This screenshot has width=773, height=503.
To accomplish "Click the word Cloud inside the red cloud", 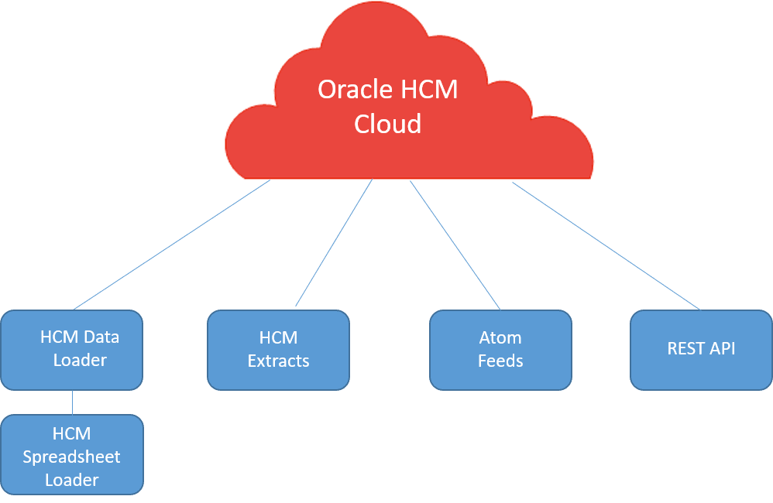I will [387, 124].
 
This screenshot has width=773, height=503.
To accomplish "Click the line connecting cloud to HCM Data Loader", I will [170, 245].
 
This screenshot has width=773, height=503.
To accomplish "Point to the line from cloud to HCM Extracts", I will [333, 244].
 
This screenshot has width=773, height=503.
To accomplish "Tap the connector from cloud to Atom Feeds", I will [455, 245].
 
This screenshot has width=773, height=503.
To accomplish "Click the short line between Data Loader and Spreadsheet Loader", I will [72, 402].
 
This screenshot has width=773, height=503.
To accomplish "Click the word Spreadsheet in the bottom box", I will [71, 457].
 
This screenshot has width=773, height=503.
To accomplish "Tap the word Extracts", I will [278, 361].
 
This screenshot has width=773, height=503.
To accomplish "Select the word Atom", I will [500, 337].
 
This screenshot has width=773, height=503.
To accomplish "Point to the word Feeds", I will [500, 361].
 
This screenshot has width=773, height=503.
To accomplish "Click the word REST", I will [685, 348].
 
